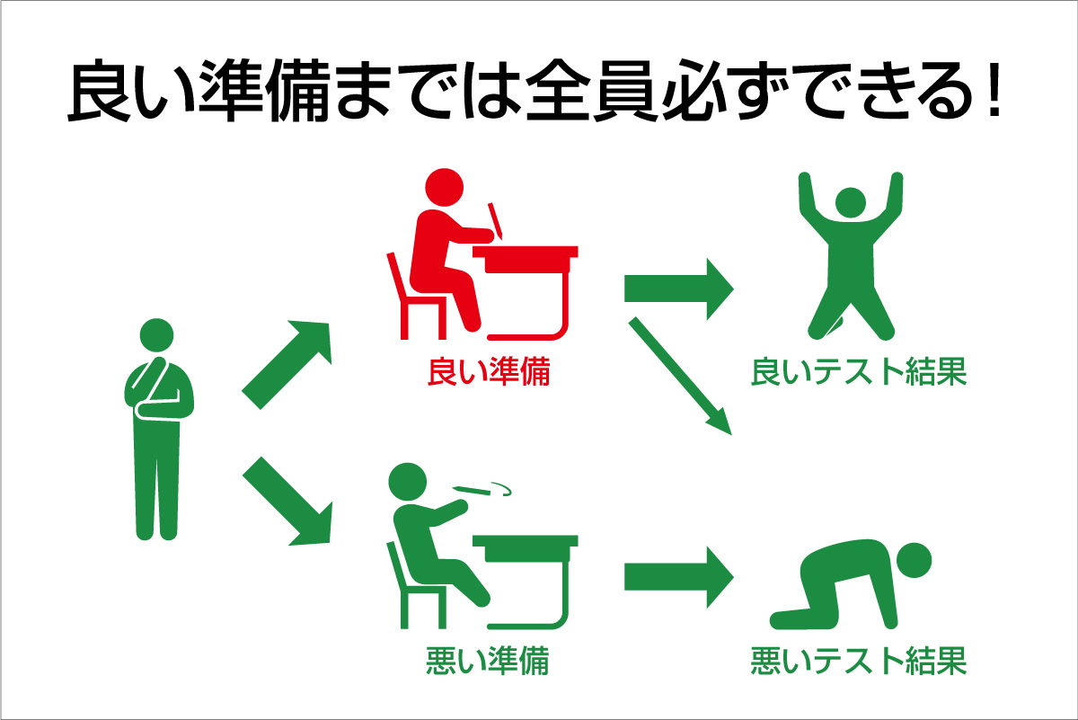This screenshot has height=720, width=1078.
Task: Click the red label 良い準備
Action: click(489, 372)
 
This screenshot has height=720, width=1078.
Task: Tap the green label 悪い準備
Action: click(488, 661)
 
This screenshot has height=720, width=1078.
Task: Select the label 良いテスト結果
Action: click(859, 372)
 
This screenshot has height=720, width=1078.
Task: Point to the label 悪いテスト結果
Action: click(859, 661)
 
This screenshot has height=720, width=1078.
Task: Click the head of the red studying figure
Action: click(444, 187)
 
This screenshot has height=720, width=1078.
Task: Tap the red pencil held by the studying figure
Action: click(495, 220)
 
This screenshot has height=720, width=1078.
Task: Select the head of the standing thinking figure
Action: click(156, 335)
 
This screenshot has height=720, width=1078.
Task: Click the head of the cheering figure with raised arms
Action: click(851, 202)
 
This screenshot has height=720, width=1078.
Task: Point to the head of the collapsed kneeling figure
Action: click(914, 560)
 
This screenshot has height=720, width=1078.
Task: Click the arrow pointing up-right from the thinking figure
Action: click(287, 365)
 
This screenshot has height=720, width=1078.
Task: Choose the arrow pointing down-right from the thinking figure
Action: click(287, 502)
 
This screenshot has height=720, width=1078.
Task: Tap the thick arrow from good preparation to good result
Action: click(679, 289)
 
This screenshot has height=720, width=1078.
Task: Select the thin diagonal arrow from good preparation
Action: click(680, 376)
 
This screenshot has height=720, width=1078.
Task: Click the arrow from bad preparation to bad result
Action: click(679, 577)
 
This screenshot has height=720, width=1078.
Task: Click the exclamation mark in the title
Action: click(994, 90)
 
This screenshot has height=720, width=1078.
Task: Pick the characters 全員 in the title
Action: click(591, 90)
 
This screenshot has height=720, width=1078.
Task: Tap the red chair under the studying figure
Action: click(417, 296)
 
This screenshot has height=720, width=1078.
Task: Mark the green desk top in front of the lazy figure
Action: click(525, 541)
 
